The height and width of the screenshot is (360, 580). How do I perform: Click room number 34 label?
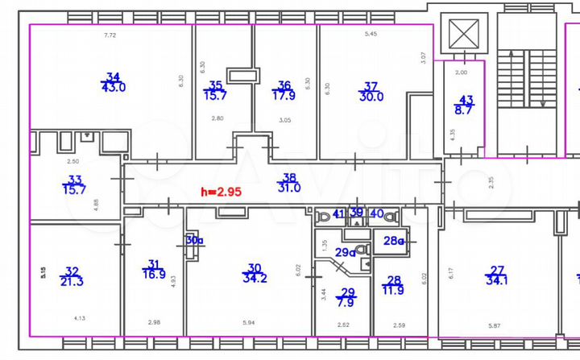[113, 77]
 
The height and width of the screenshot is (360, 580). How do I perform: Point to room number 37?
[371, 85]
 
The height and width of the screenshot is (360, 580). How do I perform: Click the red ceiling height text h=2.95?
[223, 192]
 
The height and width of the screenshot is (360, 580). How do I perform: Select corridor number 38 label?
[288, 177]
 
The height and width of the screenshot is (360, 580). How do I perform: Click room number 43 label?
[466, 100]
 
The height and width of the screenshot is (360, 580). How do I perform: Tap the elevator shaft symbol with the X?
[464, 35]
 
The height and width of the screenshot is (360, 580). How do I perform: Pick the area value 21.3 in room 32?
[72, 281]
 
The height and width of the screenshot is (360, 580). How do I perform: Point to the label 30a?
[194, 239]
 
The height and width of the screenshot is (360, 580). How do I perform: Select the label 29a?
[346, 252]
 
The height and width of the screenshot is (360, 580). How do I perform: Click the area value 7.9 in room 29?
[348, 303]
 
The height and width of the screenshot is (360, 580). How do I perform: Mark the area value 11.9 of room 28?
[395, 291]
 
